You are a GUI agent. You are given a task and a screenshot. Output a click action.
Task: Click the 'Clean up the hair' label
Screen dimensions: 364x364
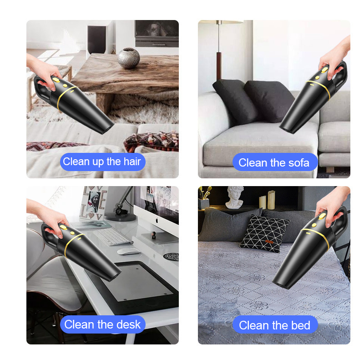[x=102, y=162]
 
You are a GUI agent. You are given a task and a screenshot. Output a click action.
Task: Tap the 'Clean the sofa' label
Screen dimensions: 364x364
[x=274, y=162]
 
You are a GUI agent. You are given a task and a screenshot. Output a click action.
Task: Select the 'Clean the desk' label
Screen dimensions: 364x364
[x=103, y=324]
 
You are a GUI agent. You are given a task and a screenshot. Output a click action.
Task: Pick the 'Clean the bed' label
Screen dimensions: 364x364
[x=274, y=325]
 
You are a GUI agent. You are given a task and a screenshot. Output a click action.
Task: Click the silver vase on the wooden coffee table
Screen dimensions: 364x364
[x=129, y=58]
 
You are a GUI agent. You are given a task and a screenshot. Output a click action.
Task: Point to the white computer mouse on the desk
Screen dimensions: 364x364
[x=129, y=251]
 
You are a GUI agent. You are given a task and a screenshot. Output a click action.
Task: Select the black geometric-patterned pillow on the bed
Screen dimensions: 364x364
[x=264, y=233]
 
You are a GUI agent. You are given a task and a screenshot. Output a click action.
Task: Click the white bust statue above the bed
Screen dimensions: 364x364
[x=235, y=197]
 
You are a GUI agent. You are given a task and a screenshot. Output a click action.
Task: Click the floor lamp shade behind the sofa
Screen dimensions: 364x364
[x=221, y=21]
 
